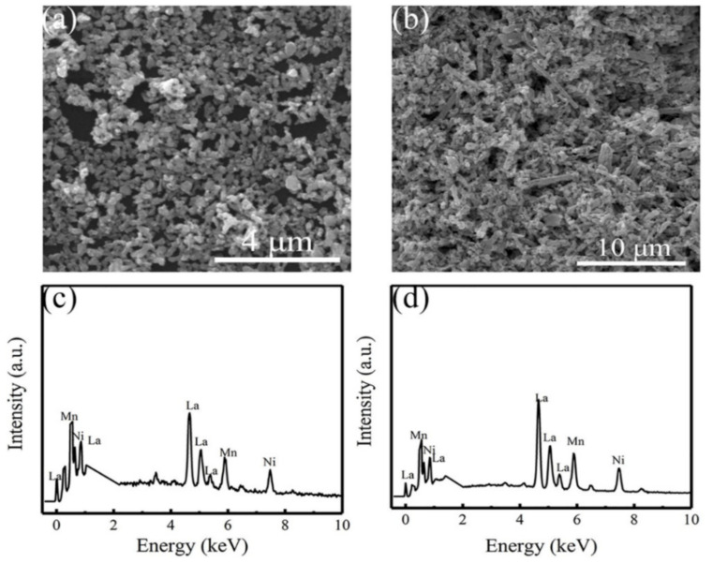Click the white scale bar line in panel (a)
[276, 258]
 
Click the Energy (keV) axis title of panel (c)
[193, 546]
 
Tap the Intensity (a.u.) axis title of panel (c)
[16, 404]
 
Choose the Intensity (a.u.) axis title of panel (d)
[372, 404]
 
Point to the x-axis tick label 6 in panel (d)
[576, 525]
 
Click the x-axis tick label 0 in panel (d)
[405, 525]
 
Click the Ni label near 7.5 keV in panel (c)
[270, 461]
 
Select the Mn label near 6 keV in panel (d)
[575, 440]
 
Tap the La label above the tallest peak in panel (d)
[539, 398]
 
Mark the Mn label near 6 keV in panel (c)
[228, 452]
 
